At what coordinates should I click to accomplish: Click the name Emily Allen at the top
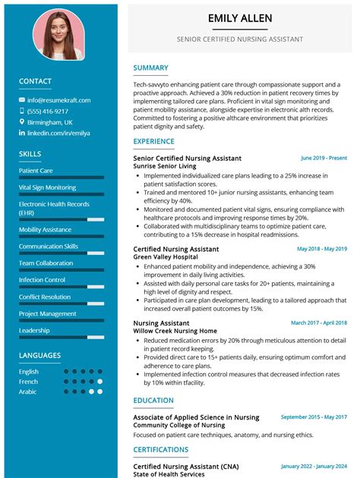coord(239,18)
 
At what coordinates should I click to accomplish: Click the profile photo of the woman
coord(58,35)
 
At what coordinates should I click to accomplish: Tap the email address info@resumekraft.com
coord(58,100)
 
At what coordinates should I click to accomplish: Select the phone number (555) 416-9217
coord(48,111)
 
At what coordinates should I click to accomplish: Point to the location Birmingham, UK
coord(50,121)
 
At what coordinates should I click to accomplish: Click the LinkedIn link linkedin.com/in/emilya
coord(58,133)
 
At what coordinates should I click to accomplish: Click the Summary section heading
coord(150,68)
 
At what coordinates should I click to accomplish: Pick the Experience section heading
coord(153,141)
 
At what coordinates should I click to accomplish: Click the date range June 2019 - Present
coord(324,158)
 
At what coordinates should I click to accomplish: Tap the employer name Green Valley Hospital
coord(166,257)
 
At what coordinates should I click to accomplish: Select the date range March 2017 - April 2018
coord(318,322)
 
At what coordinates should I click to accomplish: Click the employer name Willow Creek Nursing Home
coord(175,331)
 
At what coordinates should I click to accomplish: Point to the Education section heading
coord(153,401)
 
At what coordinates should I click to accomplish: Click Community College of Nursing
coord(178,425)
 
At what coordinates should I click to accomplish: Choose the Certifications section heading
coord(160,449)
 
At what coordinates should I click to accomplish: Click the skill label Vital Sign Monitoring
coord(47,187)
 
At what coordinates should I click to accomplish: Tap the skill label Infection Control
coord(42,280)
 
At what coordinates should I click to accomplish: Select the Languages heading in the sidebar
coord(39,355)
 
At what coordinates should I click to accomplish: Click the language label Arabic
coord(28,392)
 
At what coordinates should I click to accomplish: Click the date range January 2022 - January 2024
coord(314,466)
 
